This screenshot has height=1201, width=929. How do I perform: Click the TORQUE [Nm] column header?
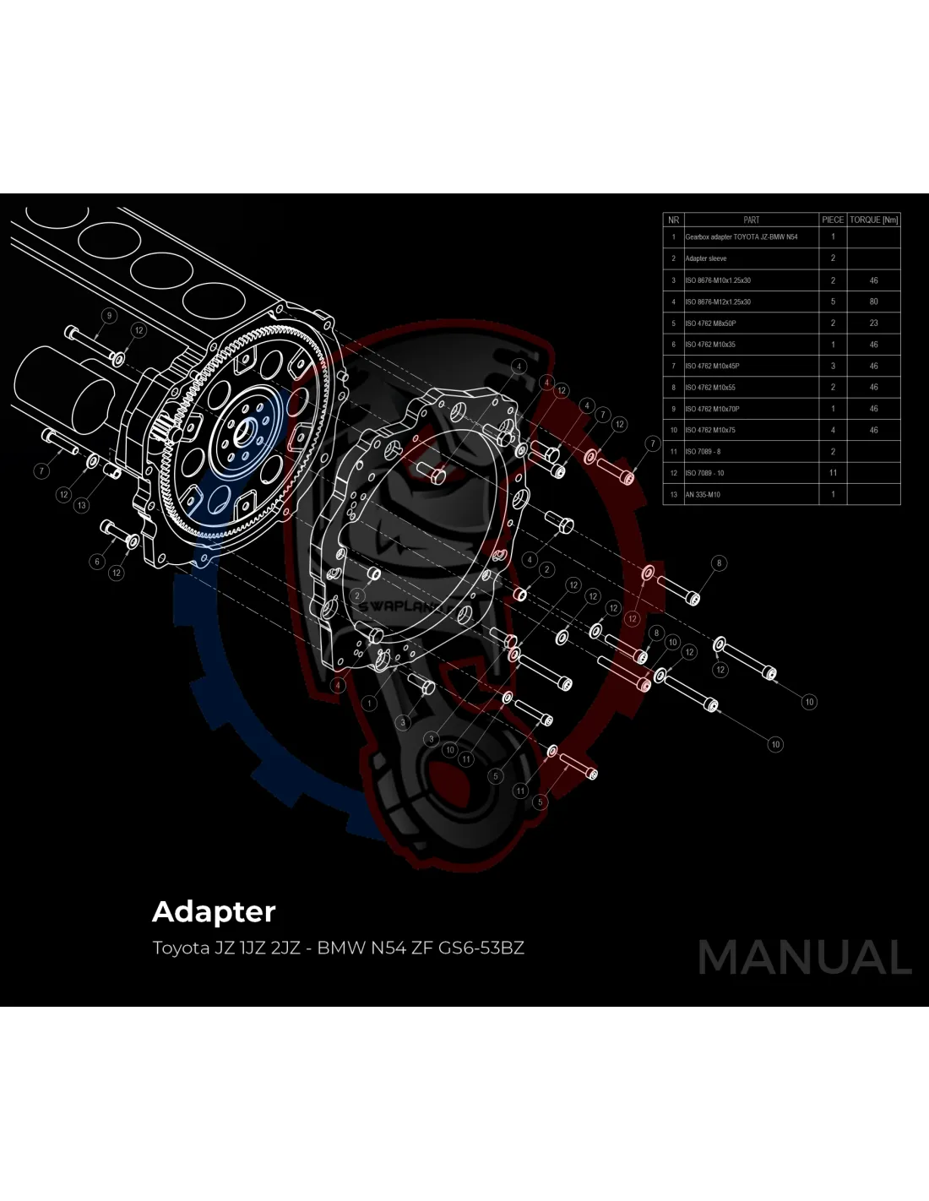pyautogui.click(x=873, y=220)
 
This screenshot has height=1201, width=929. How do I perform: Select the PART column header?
pyautogui.click(x=751, y=220)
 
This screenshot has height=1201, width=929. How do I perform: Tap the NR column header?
pyautogui.click(x=673, y=220)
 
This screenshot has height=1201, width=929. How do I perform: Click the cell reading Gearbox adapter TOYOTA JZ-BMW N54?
pyautogui.click(x=741, y=237)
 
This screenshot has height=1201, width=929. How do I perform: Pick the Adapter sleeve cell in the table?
pyautogui.click(x=706, y=258)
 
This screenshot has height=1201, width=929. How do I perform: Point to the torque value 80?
pyautogui.click(x=873, y=302)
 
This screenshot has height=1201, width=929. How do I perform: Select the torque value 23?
pyautogui.click(x=873, y=323)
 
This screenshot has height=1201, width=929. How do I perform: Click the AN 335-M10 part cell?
pyautogui.click(x=703, y=495)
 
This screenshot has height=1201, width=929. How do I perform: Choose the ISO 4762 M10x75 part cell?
pyautogui.click(x=710, y=430)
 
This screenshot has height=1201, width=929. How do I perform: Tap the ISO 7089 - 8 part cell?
pyautogui.click(x=703, y=452)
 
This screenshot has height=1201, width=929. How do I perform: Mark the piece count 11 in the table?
pyautogui.click(x=833, y=473)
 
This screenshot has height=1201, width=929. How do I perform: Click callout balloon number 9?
pyautogui.click(x=108, y=316)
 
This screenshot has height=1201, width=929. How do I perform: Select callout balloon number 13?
pyautogui.click(x=81, y=505)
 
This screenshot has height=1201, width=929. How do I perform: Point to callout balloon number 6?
pyautogui.click(x=97, y=562)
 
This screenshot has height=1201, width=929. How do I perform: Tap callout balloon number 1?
pyautogui.click(x=369, y=703)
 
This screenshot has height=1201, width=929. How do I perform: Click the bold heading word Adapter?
pyautogui.click(x=214, y=911)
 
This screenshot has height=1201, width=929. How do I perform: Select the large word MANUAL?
pyautogui.click(x=804, y=958)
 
